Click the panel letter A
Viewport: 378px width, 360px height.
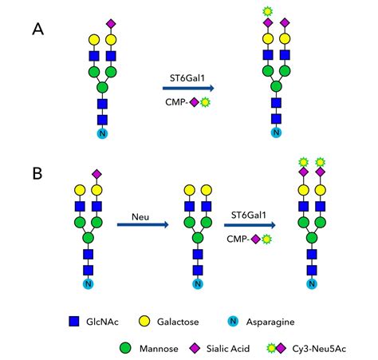coord(38,30)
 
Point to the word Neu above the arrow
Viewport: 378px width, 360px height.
coord(140,215)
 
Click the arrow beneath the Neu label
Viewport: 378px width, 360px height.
coord(143,226)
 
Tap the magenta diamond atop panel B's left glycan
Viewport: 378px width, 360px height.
coord(97,173)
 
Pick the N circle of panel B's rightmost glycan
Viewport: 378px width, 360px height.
coord(313,283)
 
